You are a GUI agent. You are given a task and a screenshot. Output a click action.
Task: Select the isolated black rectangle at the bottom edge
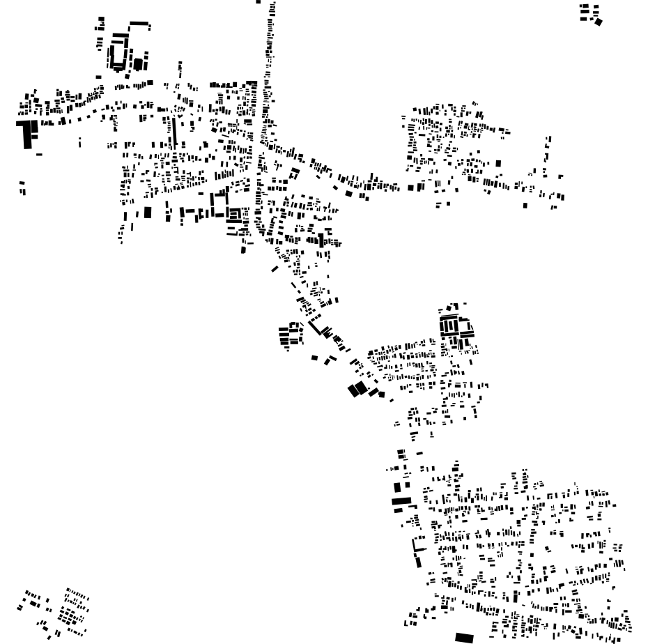coord(464,637)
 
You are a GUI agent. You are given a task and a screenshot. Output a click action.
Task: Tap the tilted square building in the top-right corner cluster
coord(598,22)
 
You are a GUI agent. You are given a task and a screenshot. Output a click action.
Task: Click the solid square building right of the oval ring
coord(138,64)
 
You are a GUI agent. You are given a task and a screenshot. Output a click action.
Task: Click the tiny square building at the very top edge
coord(259,2)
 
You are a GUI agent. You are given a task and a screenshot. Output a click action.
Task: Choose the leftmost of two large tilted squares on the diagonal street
coord(354,390)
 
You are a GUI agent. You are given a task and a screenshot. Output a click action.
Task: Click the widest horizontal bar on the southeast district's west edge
coord(401,500)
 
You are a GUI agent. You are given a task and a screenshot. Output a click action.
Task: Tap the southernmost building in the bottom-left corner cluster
coord(49,636)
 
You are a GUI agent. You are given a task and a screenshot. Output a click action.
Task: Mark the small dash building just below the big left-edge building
coord(39,154)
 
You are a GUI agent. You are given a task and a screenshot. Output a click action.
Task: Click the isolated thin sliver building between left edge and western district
coord(79,143)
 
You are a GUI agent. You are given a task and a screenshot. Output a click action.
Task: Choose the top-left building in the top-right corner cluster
coord(585,8)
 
